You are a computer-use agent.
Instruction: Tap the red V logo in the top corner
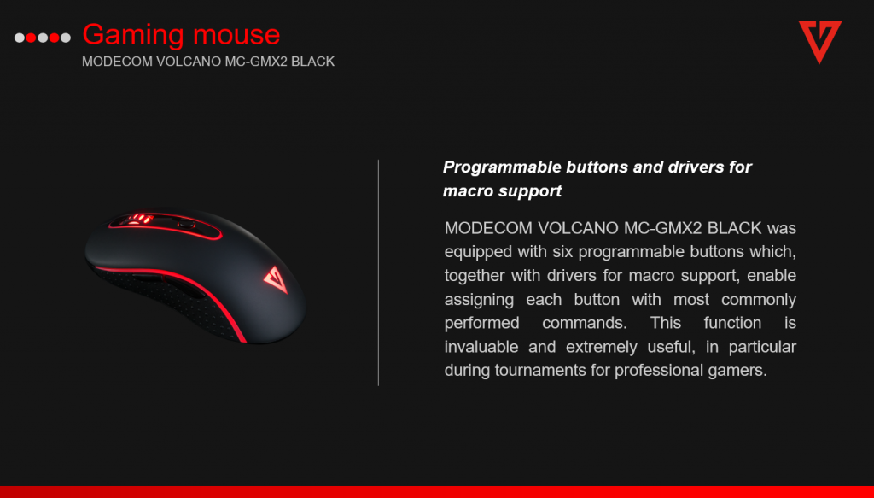pyautogui.click(x=820, y=42)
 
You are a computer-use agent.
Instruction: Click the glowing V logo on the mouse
pyautogui.click(x=276, y=279)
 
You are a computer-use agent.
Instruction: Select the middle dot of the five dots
pyautogui.click(x=43, y=38)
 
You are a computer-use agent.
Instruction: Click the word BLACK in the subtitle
pyautogui.click(x=312, y=62)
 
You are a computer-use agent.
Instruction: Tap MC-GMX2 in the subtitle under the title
pyautogui.click(x=256, y=62)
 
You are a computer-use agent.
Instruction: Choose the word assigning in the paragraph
pyautogui.click(x=479, y=300)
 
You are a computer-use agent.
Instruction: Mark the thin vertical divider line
pyautogui.click(x=378, y=272)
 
